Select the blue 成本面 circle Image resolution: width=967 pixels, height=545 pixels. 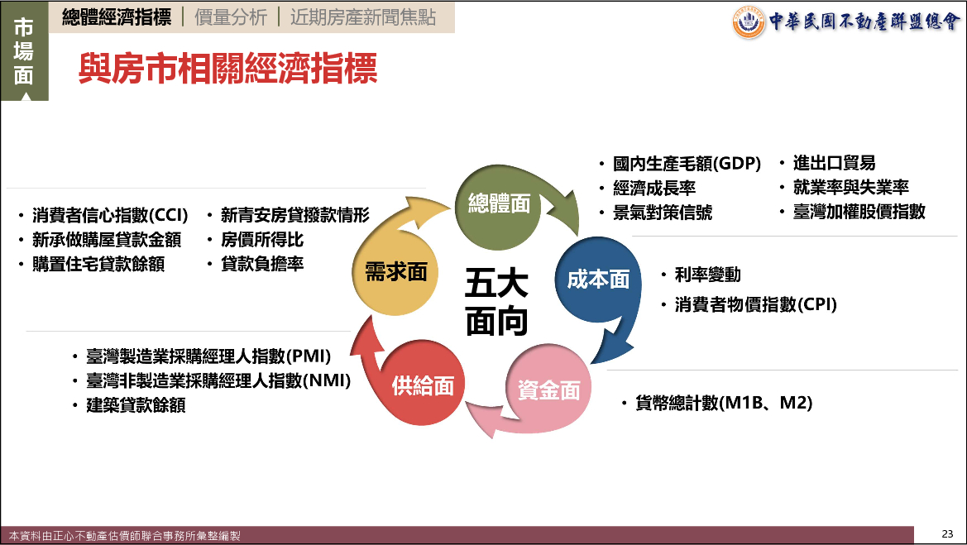tap(598, 280)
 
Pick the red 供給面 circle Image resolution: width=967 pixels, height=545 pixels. tap(423, 385)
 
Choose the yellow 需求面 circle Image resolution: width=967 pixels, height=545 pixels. tap(396, 272)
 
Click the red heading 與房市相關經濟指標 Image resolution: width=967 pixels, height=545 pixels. tap(227, 68)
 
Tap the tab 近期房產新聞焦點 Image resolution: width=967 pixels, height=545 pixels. tap(363, 17)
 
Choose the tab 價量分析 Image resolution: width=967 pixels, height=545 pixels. tap(231, 17)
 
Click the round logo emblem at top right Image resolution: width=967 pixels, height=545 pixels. tap(749, 22)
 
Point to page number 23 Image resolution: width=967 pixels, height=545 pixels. tap(947, 534)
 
